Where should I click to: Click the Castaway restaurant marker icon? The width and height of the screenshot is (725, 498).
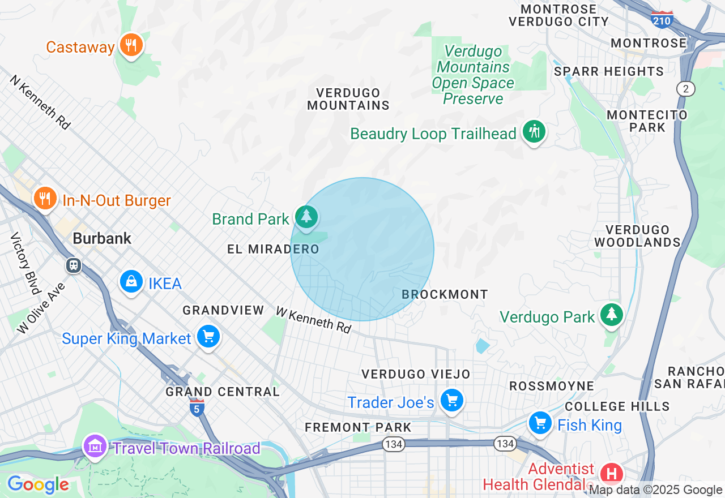131,45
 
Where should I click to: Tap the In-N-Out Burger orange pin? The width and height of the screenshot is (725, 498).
45,199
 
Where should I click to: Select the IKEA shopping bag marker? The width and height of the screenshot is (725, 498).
131,281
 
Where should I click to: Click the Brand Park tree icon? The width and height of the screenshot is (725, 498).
306,217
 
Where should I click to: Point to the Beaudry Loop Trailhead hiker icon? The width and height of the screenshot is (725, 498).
534,132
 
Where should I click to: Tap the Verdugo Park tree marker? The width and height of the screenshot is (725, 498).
611,315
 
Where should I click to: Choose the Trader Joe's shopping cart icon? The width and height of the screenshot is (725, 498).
451,401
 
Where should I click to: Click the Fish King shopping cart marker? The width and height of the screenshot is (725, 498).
540,423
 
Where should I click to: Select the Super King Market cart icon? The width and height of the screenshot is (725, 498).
208,337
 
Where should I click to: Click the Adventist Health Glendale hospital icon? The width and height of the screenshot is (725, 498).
611,473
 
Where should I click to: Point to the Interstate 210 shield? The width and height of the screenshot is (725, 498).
662,20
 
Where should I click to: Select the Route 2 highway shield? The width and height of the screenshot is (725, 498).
686,88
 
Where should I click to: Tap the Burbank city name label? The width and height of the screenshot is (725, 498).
102,238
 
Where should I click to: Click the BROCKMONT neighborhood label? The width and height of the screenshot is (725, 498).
445,294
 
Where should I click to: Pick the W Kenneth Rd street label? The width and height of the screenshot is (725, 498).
313,320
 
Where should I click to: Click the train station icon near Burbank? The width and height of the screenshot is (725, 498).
74,265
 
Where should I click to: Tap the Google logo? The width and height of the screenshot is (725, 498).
38,484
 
